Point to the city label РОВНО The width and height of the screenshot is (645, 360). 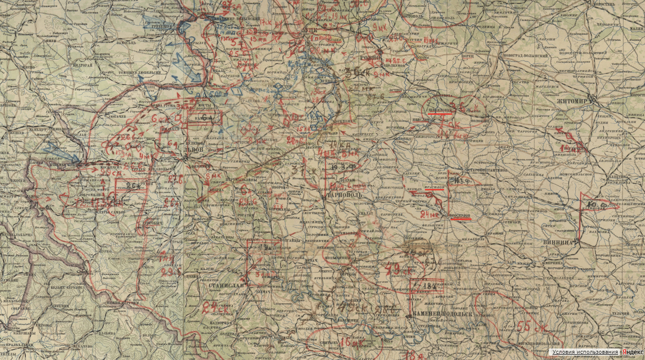[x=370, y=56]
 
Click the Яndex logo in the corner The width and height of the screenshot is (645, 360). [x=632, y=352]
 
